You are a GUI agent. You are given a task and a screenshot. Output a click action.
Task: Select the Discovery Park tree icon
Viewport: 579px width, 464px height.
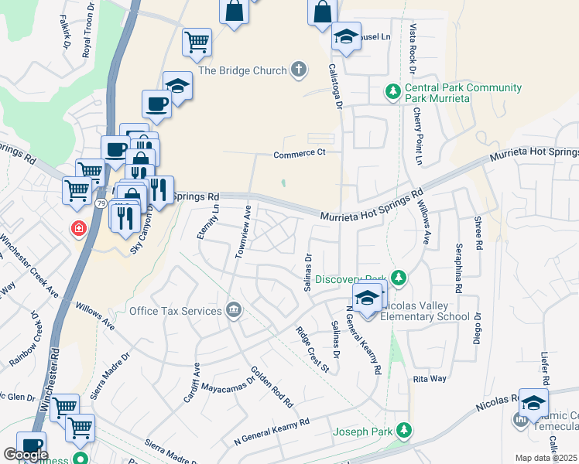pyautogui.click(x=399, y=277)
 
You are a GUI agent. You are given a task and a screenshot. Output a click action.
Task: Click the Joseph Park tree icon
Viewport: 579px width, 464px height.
pyautogui.click(x=403, y=429)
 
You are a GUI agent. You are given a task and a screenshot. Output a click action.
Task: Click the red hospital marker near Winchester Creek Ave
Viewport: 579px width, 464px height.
pyautogui.click(x=78, y=228)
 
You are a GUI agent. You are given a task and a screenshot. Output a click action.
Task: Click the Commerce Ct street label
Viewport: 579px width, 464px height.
pyautogui.click(x=296, y=154)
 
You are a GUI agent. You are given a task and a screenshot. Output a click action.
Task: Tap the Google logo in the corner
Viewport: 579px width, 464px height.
pyautogui.click(x=26, y=455)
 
